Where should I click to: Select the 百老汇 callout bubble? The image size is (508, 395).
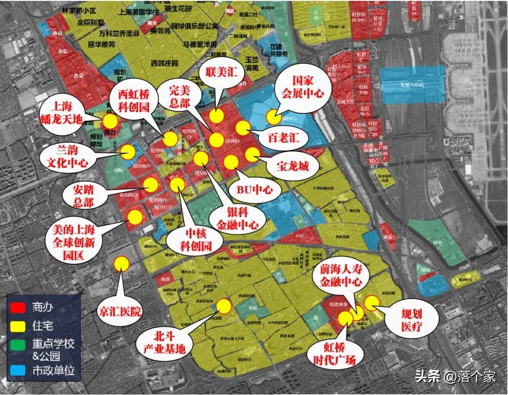[281, 139]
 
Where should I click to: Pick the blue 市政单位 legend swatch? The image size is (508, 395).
[18, 370]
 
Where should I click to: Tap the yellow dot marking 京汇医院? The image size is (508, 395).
[122, 263]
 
